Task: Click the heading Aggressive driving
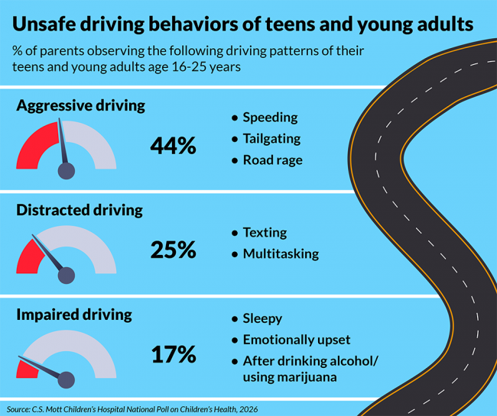80,105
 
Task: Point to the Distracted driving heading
80,210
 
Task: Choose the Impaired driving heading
74,314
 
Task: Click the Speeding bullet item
270,118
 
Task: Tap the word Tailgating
271,139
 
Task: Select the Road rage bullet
272,160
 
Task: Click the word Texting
265,232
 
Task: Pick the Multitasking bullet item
281,253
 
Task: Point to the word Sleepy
262,318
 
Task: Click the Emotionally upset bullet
297,340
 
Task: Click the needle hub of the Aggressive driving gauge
67,169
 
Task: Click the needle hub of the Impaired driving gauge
67,379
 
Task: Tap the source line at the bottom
132,409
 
